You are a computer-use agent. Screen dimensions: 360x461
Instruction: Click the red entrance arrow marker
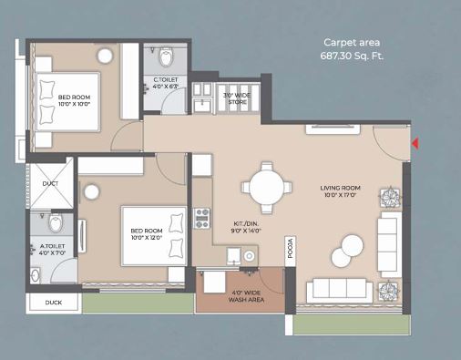pyautogui.click(x=415, y=143)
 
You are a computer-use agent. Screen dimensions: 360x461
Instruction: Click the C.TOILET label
pyautogui.click(x=165, y=84)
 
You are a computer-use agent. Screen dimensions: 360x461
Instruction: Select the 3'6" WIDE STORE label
pyautogui.click(x=236, y=98)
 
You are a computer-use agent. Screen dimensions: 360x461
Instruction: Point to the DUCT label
pyautogui.click(x=50, y=182)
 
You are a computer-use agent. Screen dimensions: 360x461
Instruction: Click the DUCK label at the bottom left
pyautogui.click(x=54, y=303)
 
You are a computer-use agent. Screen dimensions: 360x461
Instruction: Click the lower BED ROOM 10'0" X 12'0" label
pyautogui.click(x=147, y=234)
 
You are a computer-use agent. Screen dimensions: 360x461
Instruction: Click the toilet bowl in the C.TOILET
pyautogui.click(x=165, y=58)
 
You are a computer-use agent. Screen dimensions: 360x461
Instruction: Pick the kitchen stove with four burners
pyautogui.click(x=202, y=218)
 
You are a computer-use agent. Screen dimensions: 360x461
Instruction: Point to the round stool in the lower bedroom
pyautogui.click(x=92, y=190)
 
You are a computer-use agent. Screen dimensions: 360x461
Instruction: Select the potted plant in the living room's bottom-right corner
pyautogui.click(x=390, y=290)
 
